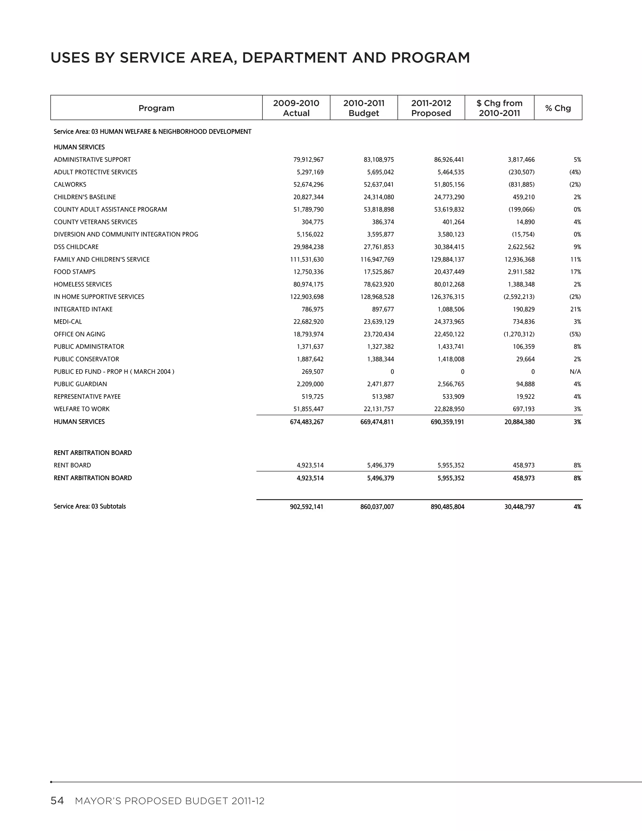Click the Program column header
pos(156,108)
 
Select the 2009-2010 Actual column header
pos(296,108)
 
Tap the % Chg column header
pos(558,108)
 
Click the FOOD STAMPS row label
pos(75,272)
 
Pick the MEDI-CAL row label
pos(68,321)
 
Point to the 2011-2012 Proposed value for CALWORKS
pos(449,184)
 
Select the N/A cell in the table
pos(575,371)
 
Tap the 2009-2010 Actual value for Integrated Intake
pos(313,309)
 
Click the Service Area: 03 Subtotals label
pos(90,506)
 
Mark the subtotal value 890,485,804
pos(447,507)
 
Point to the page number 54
pos(57,801)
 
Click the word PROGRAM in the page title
pos(430,58)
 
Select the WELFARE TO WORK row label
pos(82,409)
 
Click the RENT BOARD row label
pos(72,465)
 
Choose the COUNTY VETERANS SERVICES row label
pos(96,222)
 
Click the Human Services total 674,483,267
pos(307,421)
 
